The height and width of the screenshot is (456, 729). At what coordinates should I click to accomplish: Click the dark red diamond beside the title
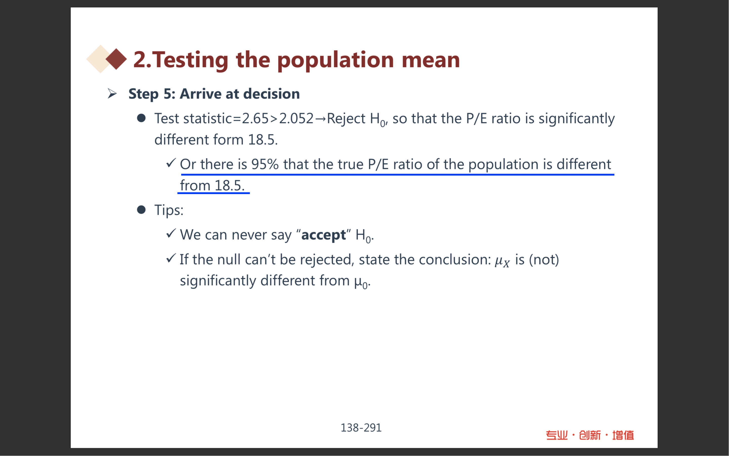(x=116, y=59)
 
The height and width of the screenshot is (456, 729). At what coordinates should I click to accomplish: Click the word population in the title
(x=335, y=60)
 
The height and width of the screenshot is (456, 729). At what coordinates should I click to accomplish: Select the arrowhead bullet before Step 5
(x=112, y=93)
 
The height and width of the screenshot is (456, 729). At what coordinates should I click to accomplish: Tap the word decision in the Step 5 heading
(x=271, y=93)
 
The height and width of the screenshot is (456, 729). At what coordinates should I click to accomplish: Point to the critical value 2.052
(x=296, y=118)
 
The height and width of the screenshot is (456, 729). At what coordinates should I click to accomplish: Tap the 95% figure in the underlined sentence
(x=265, y=164)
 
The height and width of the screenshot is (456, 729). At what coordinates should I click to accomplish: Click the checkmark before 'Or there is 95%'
(x=171, y=163)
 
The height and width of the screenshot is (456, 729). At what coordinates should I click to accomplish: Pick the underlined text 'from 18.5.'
(x=212, y=185)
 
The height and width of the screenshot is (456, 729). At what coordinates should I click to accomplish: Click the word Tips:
(x=169, y=210)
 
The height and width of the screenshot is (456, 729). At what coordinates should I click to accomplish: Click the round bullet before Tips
(x=141, y=210)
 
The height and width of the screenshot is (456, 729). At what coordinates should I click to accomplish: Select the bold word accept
(x=323, y=235)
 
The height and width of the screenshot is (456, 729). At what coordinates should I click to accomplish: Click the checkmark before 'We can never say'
(x=171, y=233)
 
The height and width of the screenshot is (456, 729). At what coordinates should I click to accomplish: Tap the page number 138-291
(x=361, y=428)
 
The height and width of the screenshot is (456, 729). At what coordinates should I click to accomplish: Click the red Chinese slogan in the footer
(x=590, y=435)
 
